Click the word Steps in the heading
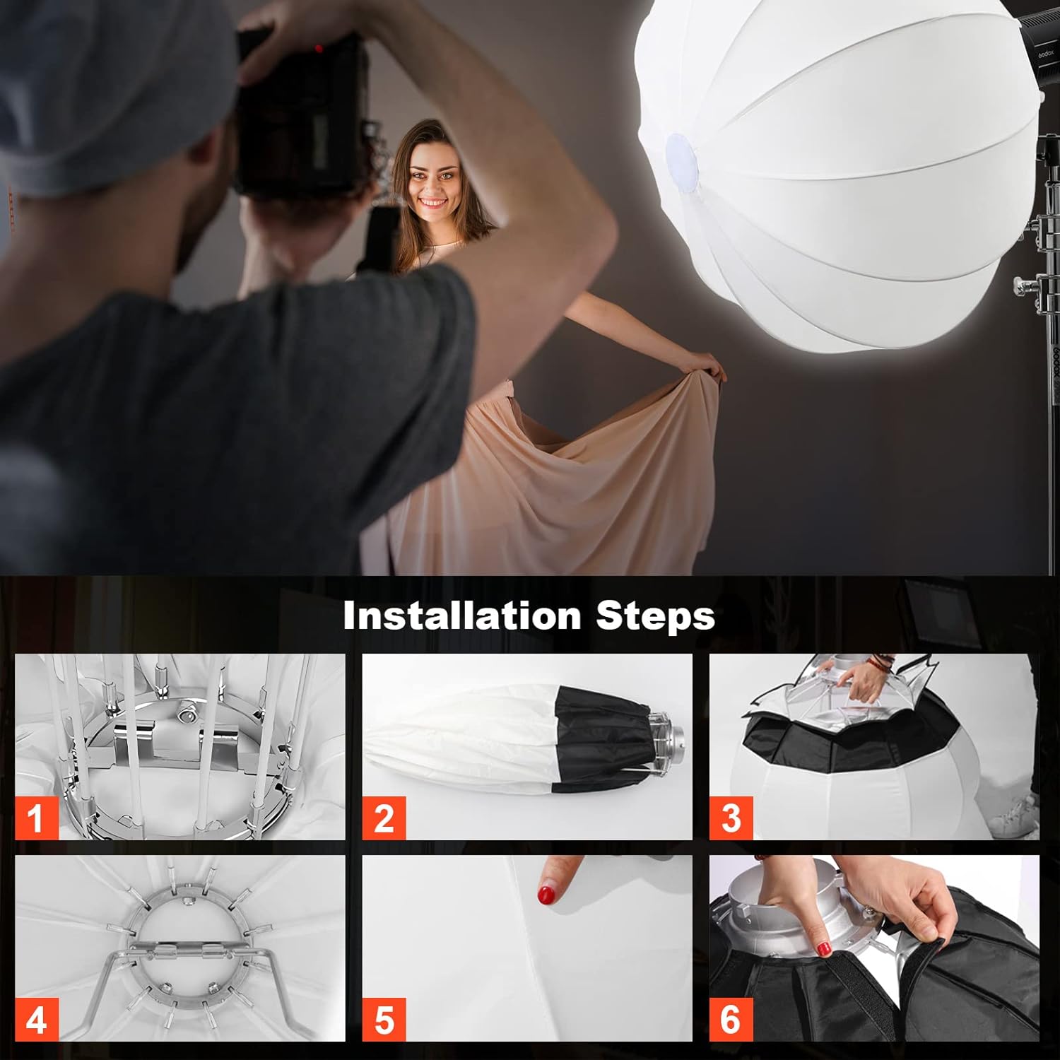(655, 616)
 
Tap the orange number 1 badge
(35, 818)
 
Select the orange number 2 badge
(384, 818)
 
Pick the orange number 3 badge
(731, 818)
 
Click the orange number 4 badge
(35, 1020)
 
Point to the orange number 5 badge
(384, 1020)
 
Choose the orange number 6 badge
(731, 1020)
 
